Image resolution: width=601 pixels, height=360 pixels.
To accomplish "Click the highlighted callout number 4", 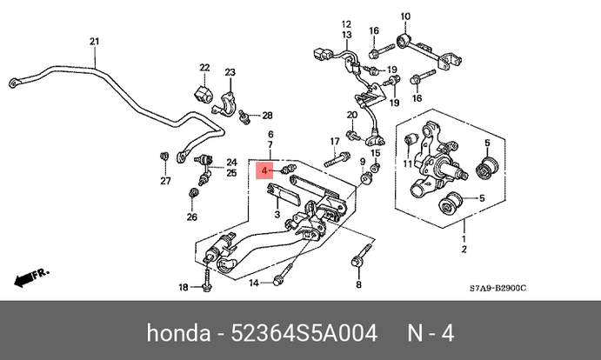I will (266, 171).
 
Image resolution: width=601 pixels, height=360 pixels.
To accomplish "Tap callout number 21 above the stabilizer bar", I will (95, 42).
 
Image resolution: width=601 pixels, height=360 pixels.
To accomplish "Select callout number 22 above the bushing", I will (204, 68).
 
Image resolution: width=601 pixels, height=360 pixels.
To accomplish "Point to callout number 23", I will (230, 72).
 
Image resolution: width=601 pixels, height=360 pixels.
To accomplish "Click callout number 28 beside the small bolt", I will (267, 115).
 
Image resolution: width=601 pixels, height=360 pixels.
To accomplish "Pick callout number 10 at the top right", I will (404, 17).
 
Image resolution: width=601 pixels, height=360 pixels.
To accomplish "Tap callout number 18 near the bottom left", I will (184, 288).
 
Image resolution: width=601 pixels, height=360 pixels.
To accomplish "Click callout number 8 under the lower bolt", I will (357, 284).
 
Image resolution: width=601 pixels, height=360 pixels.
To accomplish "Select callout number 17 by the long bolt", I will (334, 142).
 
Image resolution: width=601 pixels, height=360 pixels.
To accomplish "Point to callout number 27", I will (164, 181).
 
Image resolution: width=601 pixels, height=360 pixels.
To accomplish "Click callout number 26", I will (192, 217).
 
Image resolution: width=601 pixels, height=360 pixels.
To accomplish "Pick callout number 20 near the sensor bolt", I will (352, 115).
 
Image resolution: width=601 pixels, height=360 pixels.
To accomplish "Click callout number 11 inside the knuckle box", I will (407, 163).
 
